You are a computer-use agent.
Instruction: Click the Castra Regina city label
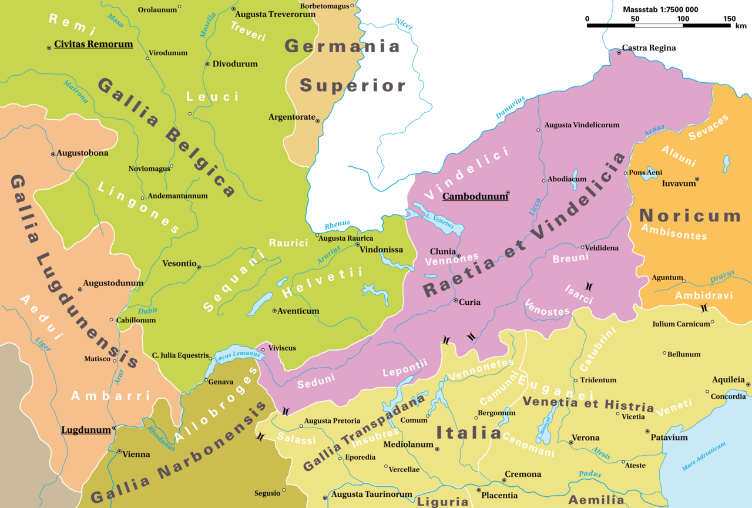tap(649, 48)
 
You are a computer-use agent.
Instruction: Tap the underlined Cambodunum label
tap(475, 197)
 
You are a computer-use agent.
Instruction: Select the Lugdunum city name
tap(86, 430)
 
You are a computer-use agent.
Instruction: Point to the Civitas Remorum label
tap(93, 44)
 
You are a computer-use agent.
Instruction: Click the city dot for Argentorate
tap(318, 121)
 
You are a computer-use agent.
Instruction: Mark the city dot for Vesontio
tap(199, 267)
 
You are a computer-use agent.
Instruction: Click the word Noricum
tap(690, 216)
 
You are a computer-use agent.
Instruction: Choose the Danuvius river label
tap(509, 107)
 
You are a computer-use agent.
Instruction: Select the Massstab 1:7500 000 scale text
tap(660, 10)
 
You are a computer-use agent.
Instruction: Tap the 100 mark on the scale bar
tap(682, 19)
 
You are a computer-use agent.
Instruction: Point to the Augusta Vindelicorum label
tap(582, 125)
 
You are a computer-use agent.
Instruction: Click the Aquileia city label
tap(728, 380)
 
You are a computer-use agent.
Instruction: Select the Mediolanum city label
tap(408, 445)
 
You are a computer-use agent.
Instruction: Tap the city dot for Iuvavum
tap(697, 179)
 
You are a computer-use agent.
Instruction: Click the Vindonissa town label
tap(381, 250)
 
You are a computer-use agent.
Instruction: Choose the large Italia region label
tap(468, 433)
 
